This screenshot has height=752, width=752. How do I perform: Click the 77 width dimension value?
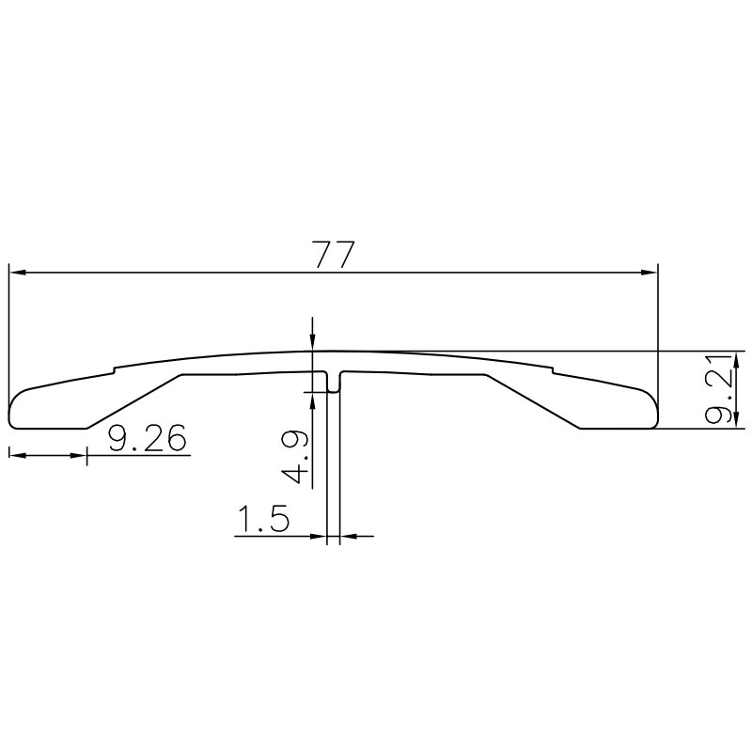[335, 254]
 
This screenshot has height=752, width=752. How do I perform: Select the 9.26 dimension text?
[147, 438]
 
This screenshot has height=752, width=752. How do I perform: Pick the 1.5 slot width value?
[262, 520]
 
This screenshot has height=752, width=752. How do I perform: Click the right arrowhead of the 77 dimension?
[650, 273]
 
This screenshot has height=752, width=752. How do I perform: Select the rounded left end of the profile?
[13, 410]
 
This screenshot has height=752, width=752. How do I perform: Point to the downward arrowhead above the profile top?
[312, 343]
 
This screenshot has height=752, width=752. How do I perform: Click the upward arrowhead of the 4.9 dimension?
[312, 397]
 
